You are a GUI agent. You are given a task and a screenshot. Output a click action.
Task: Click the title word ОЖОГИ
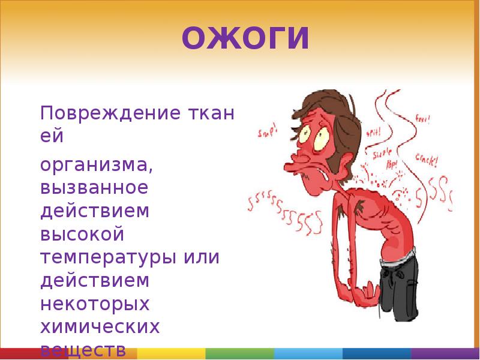(245, 38)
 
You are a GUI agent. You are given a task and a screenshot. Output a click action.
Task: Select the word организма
(97, 164)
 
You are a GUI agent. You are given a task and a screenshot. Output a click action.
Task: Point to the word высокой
(82, 235)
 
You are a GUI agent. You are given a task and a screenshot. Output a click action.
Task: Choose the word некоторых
(94, 305)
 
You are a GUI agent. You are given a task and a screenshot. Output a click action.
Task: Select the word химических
(100, 328)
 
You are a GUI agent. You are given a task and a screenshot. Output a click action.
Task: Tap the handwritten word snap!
(268, 131)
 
